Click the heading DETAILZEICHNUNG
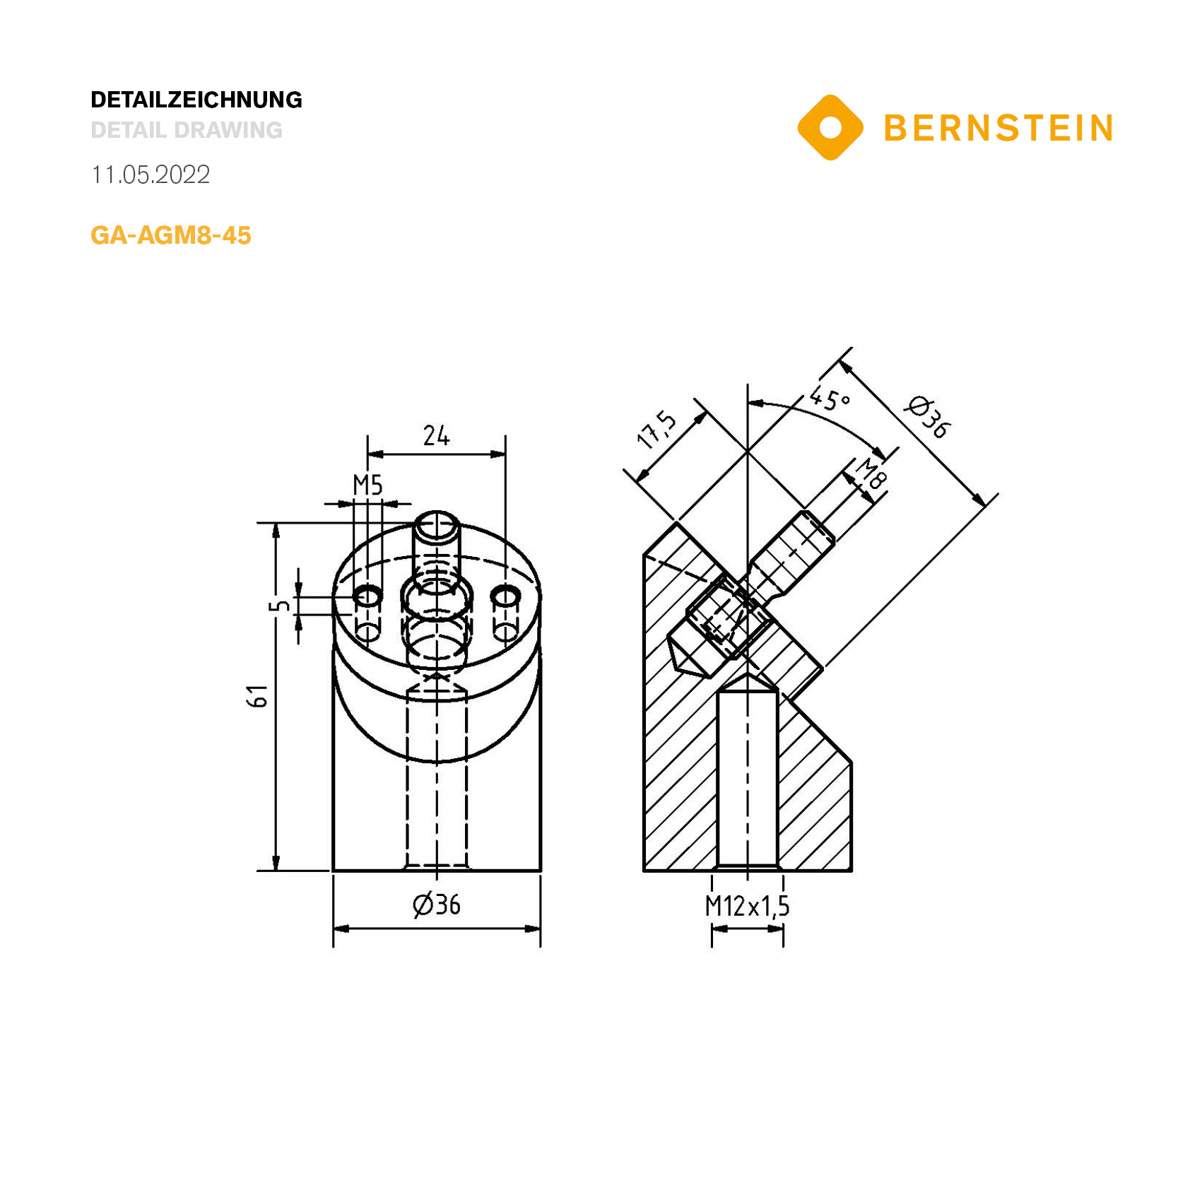click(x=196, y=100)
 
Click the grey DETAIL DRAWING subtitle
click(x=187, y=130)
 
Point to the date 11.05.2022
click(x=151, y=175)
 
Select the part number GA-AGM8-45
click(x=171, y=235)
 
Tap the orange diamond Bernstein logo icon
click(x=830, y=128)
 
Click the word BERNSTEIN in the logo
click(x=998, y=129)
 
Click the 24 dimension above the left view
click(x=436, y=435)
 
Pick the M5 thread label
click(x=367, y=485)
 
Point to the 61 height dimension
click(x=259, y=696)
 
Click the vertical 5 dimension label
click(x=282, y=606)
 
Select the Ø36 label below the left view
click(x=436, y=905)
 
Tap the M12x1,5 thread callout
click(x=747, y=906)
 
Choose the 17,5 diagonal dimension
click(x=657, y=430)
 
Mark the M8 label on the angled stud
click(x=871, y=473)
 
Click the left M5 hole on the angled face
click(x=367, y=596)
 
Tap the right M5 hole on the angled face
click(x=505, y=596)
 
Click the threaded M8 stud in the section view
click(x=791, y=555)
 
